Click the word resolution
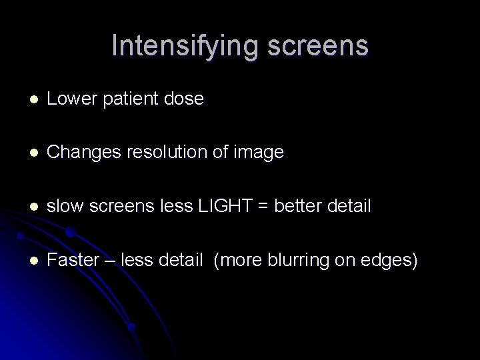161,153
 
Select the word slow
63,207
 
